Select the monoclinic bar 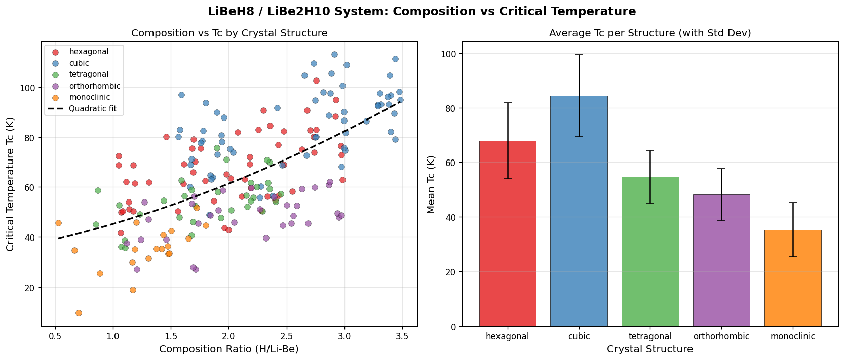click(x=792, y=278)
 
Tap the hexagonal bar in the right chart click(x=507, y=233)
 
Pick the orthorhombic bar click(x=721, y=260)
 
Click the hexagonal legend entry click(x=89, y=52)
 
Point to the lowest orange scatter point click(x=79, y=313)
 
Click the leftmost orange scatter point click(x=58, y=223)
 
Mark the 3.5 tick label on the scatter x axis click(x=402, y=335)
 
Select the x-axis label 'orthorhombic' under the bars click(x=721, y=336)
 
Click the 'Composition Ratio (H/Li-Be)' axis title click(x=228, y=349)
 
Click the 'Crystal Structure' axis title click(x=649, y=349)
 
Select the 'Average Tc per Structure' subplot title click(x=649, y=33)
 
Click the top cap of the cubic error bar click(x=579, y=55)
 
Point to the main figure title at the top click(x=421, y=11)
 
